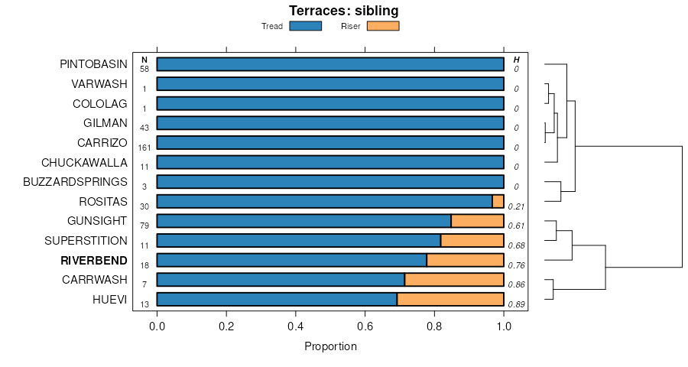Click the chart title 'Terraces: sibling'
(343, 11)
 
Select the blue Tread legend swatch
(305, 26)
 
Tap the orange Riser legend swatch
(383, 26)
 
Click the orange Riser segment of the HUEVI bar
(450, 299)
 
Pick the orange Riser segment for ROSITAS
(498, 202)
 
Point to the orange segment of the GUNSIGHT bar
(477, 221)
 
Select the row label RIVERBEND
(94, 260)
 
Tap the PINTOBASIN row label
(93, 65)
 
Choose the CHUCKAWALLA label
(84, 162)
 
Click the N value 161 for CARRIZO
(144, 148)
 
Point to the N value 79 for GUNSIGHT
(144, 226)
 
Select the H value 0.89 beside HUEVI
(516, 304)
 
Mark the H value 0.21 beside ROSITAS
(516, 206)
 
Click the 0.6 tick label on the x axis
(365, 326)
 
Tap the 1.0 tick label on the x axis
(504, 326)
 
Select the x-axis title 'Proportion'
(330, 346)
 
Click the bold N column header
(144, 60)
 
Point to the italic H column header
(517, 60)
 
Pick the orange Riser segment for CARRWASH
(454, 280)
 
